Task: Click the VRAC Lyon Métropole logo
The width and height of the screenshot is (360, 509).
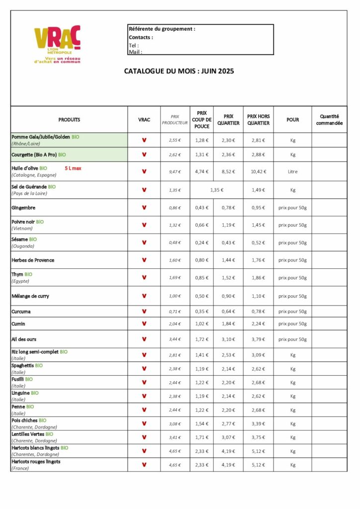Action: pos(57,44)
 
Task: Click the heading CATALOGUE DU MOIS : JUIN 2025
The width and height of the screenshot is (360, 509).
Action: pos(179,71)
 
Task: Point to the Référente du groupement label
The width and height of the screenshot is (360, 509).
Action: pos(162,29)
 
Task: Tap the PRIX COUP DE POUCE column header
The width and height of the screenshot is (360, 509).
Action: pos(202,119)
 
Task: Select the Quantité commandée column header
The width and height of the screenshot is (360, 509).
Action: pos(329,120)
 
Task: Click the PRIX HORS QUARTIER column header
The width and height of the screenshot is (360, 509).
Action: pos(258,119)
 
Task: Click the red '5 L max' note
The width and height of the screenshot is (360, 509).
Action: pos(73,169)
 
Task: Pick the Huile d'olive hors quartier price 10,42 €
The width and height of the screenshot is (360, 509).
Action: pos(258,171)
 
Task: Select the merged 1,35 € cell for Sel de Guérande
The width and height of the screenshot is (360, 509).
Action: pos(217,190)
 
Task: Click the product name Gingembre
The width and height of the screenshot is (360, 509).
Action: pos(23,208)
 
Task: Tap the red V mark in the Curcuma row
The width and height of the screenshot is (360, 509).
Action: pos(144,312)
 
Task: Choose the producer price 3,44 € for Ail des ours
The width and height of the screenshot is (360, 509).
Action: pos(175,339)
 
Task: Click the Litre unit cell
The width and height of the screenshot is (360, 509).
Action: pos(292,171)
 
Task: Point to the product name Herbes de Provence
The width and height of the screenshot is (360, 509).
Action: pos(33,260)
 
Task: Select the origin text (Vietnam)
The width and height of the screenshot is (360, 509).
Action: pos(22,229)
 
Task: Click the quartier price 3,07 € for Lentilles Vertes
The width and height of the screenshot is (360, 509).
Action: pos(228,437)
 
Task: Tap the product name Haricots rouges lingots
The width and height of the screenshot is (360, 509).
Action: pos(36,462)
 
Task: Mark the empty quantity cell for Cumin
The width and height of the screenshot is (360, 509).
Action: pos(329,324)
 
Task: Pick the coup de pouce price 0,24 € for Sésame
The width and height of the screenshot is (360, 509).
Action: pos(202,243)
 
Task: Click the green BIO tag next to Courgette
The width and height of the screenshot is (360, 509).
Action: pos(62,155)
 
